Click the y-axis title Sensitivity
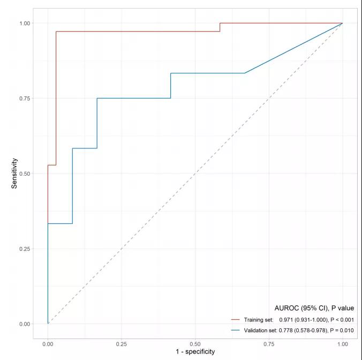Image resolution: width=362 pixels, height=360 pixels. (15, 173)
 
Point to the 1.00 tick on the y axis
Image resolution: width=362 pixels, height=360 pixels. (24, 23)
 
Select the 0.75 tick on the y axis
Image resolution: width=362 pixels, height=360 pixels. (24, 98)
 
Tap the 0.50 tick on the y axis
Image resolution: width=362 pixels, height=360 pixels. (24, 174)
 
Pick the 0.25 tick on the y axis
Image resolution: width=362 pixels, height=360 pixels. (24, 249)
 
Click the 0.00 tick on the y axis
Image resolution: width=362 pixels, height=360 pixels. (24, 324)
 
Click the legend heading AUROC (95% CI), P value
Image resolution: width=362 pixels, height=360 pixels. (314, 308)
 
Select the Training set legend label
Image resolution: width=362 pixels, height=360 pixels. (259, 320)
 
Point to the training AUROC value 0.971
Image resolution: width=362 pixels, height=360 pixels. (288, 320)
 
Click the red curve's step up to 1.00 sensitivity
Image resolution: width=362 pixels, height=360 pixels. (220, 27)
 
